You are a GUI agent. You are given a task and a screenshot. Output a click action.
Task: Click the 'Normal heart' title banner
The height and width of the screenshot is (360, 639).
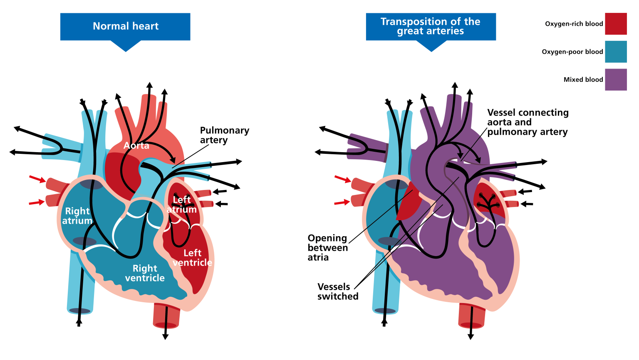click(125, 26)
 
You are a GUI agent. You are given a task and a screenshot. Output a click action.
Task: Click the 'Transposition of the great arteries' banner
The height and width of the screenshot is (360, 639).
click(431, 26)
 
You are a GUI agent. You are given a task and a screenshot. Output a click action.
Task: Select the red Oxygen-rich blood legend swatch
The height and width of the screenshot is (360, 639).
click(616, 24)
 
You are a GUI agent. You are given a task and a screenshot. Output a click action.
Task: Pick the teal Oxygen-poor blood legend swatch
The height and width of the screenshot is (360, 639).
click(616, 52)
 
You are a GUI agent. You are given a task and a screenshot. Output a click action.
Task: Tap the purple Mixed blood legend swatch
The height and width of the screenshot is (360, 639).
click(616, 79)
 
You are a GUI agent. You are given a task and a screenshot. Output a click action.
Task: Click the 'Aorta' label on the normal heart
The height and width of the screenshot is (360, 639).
click(136, 145)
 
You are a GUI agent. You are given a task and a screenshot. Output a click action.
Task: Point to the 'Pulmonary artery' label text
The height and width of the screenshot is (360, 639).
click(224, 135)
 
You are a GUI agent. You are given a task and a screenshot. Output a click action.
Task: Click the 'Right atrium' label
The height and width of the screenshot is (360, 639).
click(77, 216)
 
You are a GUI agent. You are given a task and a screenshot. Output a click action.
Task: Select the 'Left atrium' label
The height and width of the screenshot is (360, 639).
click(182, 205)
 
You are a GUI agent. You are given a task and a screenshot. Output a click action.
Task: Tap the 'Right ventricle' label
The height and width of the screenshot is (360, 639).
click(145, 273)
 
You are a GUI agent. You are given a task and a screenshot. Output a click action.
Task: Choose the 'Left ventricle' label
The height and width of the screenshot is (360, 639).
click(192, 258)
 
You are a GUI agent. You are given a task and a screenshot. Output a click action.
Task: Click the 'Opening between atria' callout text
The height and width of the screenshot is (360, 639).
click(327, 248)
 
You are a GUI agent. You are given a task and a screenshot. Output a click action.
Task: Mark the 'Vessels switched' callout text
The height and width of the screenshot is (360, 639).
click(337, 291)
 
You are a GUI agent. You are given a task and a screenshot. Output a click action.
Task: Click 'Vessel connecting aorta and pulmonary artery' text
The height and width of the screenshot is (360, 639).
click(528, 122)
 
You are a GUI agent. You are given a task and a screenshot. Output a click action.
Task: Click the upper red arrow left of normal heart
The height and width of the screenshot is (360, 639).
click(37, 179)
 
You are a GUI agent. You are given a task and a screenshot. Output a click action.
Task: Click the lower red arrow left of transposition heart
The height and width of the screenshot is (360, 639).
click(343, 202)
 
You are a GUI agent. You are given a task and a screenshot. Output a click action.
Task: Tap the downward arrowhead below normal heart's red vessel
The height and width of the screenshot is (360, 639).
click(165, 336)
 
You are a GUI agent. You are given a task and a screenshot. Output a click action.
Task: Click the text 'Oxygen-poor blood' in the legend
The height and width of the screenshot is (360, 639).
click(572, 52)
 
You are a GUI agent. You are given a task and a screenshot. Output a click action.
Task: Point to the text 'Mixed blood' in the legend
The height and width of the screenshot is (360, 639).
click(583, 79)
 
